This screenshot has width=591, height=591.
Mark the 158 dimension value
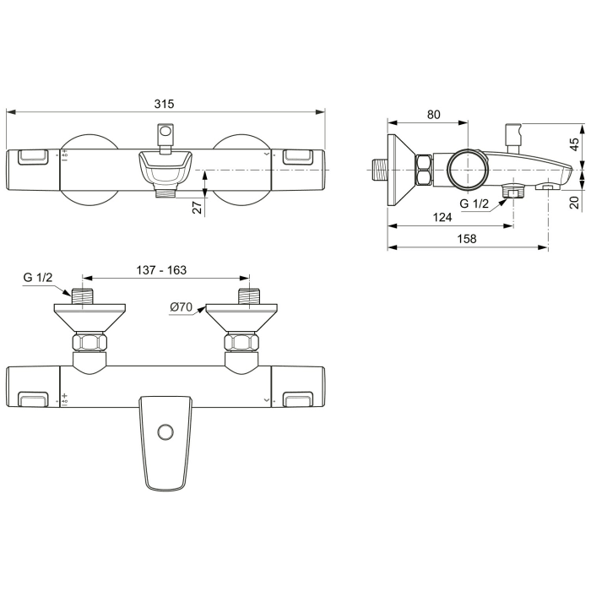(467, 239)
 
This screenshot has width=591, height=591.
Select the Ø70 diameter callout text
(182, 306)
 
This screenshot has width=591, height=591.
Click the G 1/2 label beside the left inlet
(38, 278)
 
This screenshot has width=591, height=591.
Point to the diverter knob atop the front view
(166, 134)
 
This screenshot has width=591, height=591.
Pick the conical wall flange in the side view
(401, 170)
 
